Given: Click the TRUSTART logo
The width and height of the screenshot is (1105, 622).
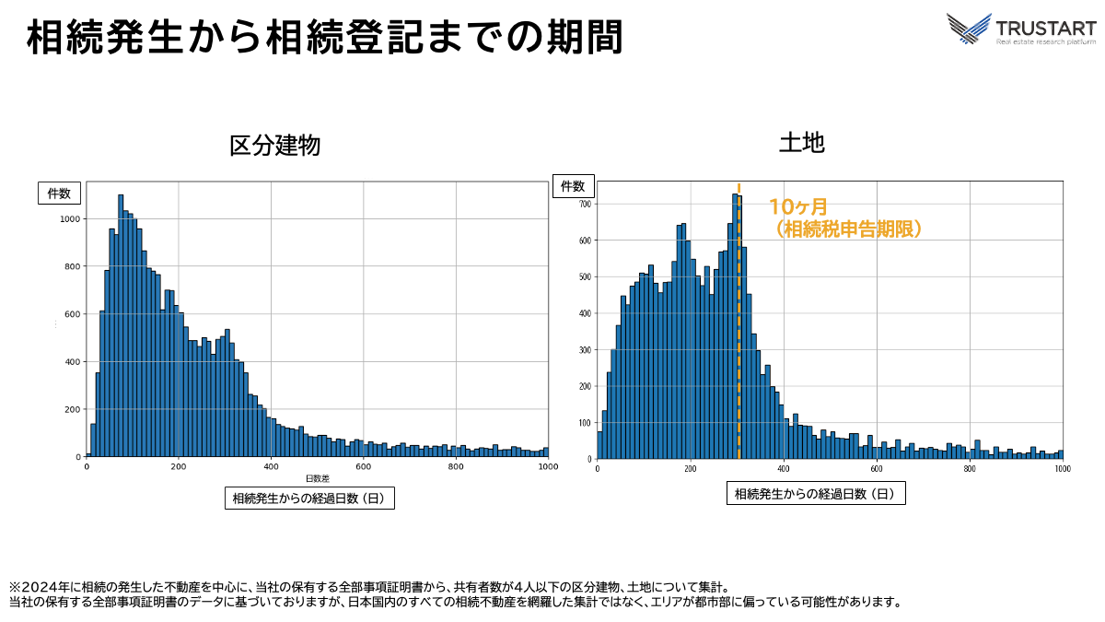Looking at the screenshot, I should pyautogui.click(x=1021, y=29).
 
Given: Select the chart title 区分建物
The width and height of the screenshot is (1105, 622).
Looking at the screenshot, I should pyautogui.click(x=275, y=145).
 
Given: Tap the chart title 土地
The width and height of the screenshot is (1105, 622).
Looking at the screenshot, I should pyautogui.click(x=802, y=142).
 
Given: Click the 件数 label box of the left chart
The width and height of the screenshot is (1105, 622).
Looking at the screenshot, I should pyautogui.click(x=60, y=194).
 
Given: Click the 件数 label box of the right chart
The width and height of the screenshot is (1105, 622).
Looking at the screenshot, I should pyautogui.click(x=573, y=186).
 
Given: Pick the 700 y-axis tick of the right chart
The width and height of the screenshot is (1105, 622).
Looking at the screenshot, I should pyautogui.click(x=585, y=204).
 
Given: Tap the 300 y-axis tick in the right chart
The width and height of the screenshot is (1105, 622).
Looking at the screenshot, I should pyautogui.click(x=585, y=349).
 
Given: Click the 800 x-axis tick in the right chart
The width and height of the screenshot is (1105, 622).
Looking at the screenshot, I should pyautogui.click(x=970, y=468).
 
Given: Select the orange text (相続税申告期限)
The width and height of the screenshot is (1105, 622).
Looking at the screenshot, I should pyautogui.click(x=848, y=229).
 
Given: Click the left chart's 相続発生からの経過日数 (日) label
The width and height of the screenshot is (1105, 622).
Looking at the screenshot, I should pyautogui.click(x=309, y=499).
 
